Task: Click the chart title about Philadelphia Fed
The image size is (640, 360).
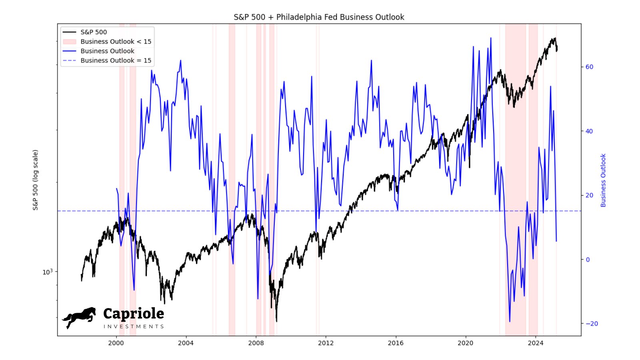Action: point(319,17)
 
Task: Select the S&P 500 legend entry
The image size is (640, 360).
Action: point(94,32)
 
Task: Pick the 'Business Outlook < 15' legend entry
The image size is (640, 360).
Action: point(116,42)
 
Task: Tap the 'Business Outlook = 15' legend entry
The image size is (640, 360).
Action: point(116,60)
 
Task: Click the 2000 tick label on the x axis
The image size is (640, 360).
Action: point(116,343)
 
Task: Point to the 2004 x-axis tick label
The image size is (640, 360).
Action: point(186,343)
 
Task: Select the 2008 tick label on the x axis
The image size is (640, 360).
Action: point(256,343)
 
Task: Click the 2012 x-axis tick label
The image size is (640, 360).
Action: point(326,343)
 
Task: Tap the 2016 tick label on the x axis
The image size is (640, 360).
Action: point(396,343)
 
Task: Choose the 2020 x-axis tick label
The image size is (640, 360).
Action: point(465,343)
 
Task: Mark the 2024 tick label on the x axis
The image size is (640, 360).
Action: point(536,343)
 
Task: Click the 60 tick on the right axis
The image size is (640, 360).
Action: point(589,67)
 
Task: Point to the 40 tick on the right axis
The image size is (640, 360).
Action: point(589,131)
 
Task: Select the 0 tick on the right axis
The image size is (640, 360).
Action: point(588,260)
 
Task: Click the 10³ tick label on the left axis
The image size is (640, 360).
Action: point(47,272)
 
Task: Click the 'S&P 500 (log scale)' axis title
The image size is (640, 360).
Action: point(36,180)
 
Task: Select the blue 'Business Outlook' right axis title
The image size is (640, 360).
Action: point(603,180)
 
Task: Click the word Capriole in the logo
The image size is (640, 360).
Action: point(134,314)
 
